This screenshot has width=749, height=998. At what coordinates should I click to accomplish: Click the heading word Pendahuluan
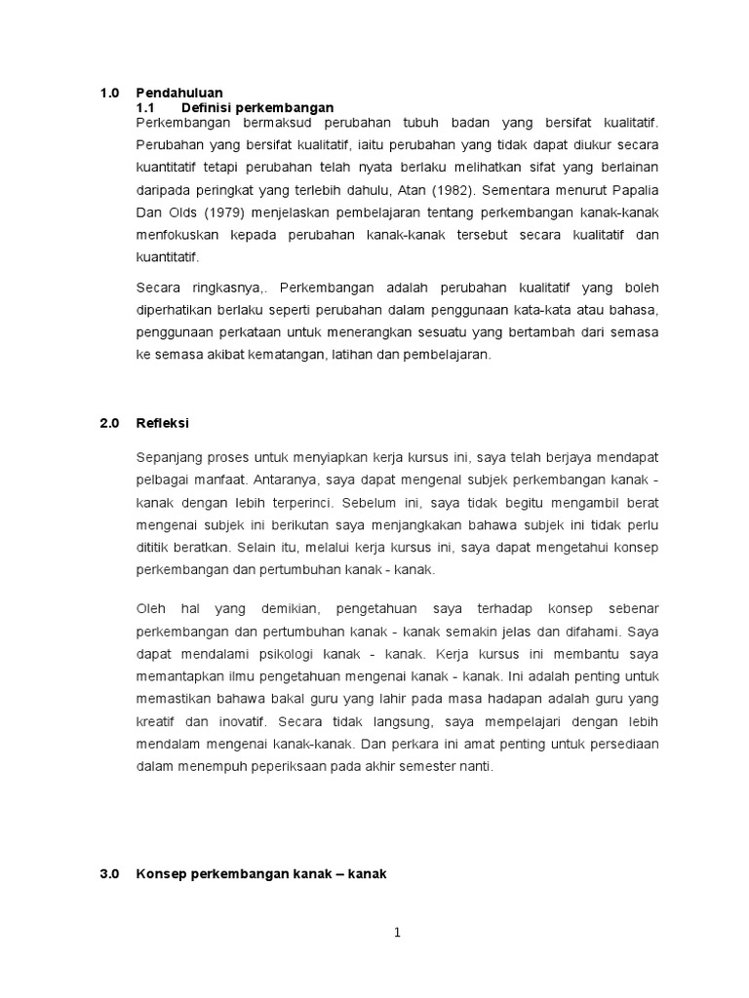[x=179, y=93]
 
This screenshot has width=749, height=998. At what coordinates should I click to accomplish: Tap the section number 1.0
[x=109, y=93]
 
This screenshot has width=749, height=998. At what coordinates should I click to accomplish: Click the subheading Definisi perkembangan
[x=257, y=107]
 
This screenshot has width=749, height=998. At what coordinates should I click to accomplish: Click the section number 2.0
[x=109, y=423]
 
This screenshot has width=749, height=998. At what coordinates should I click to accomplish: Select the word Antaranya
[x=284, y=480]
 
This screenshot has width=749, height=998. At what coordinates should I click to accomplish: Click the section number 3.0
[x=109, y=847]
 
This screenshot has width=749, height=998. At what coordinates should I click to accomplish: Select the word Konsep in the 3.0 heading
[x=159, y=847]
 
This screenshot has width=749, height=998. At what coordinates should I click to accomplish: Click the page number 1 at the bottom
[x=397, y=933]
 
